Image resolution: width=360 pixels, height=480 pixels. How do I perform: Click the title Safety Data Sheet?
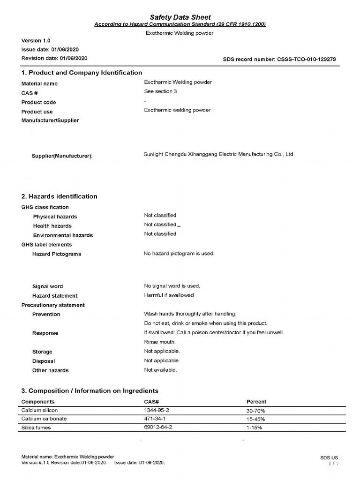tap(180, 17)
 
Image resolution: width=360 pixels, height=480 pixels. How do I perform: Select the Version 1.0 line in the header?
tap(36, 40)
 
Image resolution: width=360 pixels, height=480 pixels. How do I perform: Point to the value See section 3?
tap(160, 91)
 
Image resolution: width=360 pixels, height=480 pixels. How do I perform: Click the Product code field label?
tap(39, 102)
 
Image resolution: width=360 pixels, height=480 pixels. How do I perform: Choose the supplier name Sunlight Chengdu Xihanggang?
tap(218, 154)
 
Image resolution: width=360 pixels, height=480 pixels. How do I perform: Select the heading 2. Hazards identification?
tap(60, 196)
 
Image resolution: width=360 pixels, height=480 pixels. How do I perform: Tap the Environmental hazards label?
tap(63, 235)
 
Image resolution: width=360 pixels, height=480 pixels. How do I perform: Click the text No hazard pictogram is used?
tap(179, 254)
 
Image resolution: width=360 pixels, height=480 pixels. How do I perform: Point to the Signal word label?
tap(47, 286)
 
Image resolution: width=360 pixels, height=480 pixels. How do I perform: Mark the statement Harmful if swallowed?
tap(169, 295)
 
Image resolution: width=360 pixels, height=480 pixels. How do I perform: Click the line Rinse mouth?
tap(160, 342)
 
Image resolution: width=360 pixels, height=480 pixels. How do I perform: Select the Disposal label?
tap(44, 361)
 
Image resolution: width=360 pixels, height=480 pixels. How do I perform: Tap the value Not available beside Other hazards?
tap(160, 370)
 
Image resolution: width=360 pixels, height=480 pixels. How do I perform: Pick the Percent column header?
tap(256, 402)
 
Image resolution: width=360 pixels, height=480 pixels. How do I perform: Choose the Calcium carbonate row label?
tap(44, 419)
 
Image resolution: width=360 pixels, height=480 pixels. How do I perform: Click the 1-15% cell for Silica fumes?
tap(254, 428)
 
